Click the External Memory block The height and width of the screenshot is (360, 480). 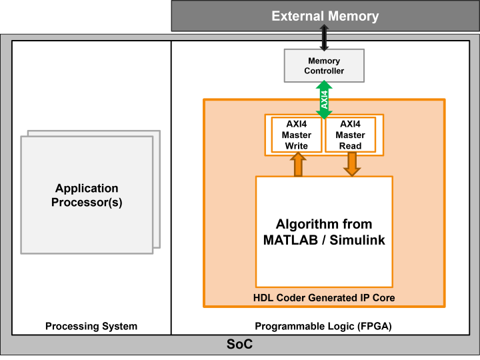tap(325, 16)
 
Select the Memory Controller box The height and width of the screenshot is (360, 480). tap(324, 65)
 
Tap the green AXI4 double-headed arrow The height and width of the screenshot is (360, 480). tap(324, 99)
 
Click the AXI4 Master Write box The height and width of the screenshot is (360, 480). tap(296, 135)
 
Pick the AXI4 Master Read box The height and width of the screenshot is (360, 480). tap(350, 135)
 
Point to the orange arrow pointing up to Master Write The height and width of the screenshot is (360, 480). tap(298, 165)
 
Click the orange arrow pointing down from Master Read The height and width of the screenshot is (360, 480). tap(351, 164)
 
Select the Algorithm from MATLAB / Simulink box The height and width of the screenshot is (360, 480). tap(324, 231)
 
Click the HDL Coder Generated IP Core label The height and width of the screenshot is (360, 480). tap(324, 298)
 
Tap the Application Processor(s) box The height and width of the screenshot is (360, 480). tap(87, 195)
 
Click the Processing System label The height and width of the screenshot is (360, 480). tap(91, 326)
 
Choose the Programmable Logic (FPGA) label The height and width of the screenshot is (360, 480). tap(323, 326)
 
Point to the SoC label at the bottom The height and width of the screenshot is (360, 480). tap(239, 345)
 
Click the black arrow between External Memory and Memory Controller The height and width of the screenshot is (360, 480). tap(324, 37)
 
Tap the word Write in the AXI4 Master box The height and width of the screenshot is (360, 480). tap(296, 146)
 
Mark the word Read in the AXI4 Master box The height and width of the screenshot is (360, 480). tap(350, 146)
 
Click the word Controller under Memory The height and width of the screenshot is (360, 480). tap(324, 71)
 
